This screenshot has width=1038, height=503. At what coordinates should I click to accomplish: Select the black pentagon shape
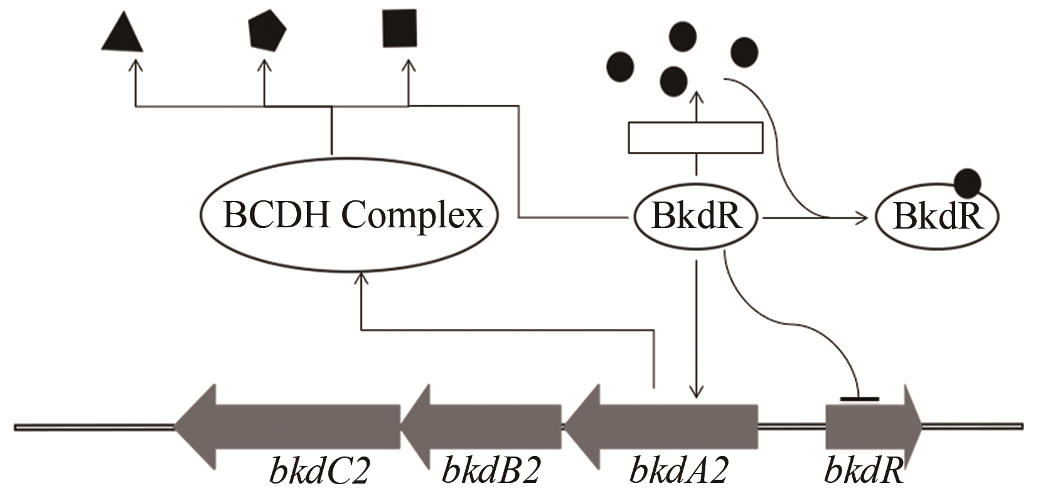coord(267,31)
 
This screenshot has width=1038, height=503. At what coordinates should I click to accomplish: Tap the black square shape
coord(399,28)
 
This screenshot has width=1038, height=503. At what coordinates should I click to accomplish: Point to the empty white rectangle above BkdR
coord(695,138)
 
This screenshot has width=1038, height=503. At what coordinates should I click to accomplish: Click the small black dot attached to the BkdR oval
coord(967,183)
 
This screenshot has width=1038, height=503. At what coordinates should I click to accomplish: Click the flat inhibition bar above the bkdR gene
coord(859,398)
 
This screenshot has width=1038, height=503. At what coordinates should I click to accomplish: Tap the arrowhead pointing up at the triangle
coord(135,63)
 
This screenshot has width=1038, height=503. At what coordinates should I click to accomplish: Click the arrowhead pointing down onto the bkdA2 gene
coord(695,392)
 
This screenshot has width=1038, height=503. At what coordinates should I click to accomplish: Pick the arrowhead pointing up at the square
coord(408,63)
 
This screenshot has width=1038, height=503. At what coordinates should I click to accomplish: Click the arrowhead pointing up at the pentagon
coord(264,63)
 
